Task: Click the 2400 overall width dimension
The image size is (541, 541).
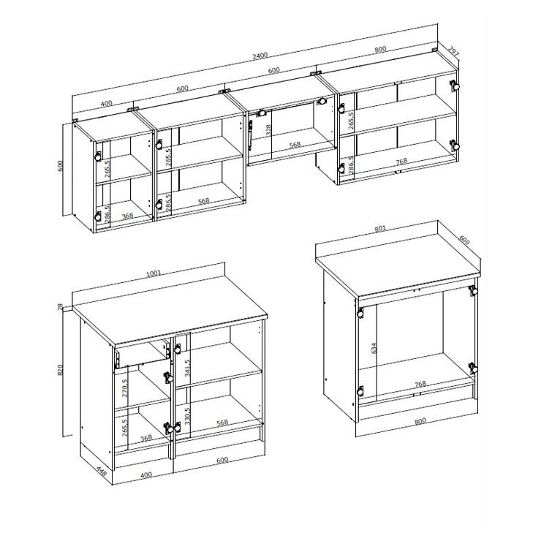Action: (260, 56)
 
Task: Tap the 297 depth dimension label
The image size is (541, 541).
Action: (453, 50)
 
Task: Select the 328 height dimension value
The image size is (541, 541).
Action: (269, 129)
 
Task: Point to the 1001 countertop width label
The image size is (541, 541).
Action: (154, 273)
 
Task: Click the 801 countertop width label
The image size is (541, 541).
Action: (380, 228)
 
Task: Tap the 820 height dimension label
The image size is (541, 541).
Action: (61, 370)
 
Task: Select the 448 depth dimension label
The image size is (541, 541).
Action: (102, 471)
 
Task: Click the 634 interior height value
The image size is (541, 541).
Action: (374, 348)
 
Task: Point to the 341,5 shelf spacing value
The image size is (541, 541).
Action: (187, 368)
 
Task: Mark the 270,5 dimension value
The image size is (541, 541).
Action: (124, 388)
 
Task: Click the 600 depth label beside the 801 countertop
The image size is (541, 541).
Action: (464, 240)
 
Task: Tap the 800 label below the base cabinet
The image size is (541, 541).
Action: (420, 421)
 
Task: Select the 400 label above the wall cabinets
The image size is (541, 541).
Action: (106, 104)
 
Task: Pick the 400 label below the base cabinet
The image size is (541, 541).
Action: (146, 474)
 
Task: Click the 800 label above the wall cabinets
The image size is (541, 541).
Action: (380, 49)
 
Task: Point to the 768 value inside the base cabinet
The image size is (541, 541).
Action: (420, 384)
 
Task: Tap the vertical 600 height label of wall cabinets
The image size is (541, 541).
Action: (61, 167)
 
